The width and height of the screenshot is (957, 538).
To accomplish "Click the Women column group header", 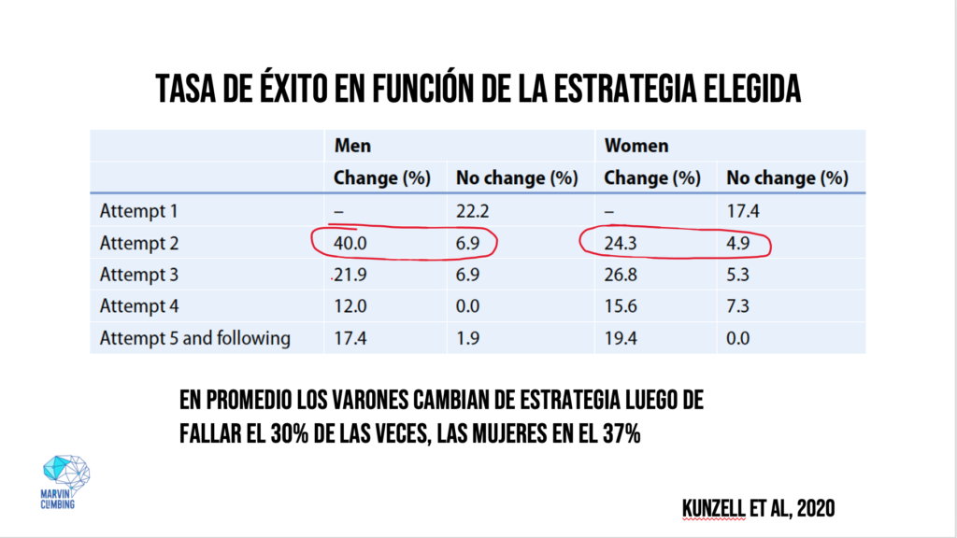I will [x=635, y=146].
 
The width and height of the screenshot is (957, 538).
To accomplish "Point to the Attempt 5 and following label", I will [x=194, y=337].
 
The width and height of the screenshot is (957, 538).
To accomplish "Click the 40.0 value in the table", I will [x=352, y=243].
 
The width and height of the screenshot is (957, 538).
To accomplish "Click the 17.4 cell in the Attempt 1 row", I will [x=742, y=211].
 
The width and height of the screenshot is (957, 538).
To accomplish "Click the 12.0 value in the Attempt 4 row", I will [x=352, y=305].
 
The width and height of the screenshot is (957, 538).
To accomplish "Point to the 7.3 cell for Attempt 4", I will [x=737, y=305].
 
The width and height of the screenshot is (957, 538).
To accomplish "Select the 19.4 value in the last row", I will [x=622, y=337].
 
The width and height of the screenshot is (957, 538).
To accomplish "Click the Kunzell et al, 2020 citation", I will [x=758, y=508].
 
